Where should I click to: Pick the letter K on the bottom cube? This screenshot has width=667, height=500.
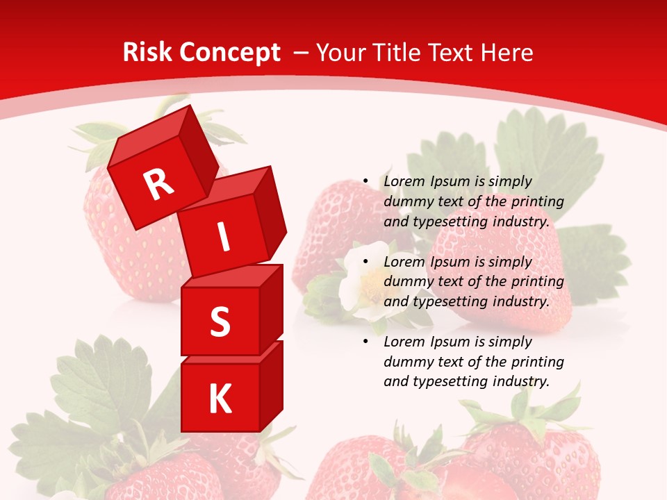click(220, 399)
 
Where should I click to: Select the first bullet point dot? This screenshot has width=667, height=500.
click(366, 181)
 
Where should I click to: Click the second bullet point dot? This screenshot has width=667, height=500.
click(366, 262)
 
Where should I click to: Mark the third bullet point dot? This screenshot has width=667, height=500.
click(366, 342)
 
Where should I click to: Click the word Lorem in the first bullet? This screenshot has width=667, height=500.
click(402, 181)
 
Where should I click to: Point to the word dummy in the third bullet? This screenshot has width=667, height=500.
click(406, 362)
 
